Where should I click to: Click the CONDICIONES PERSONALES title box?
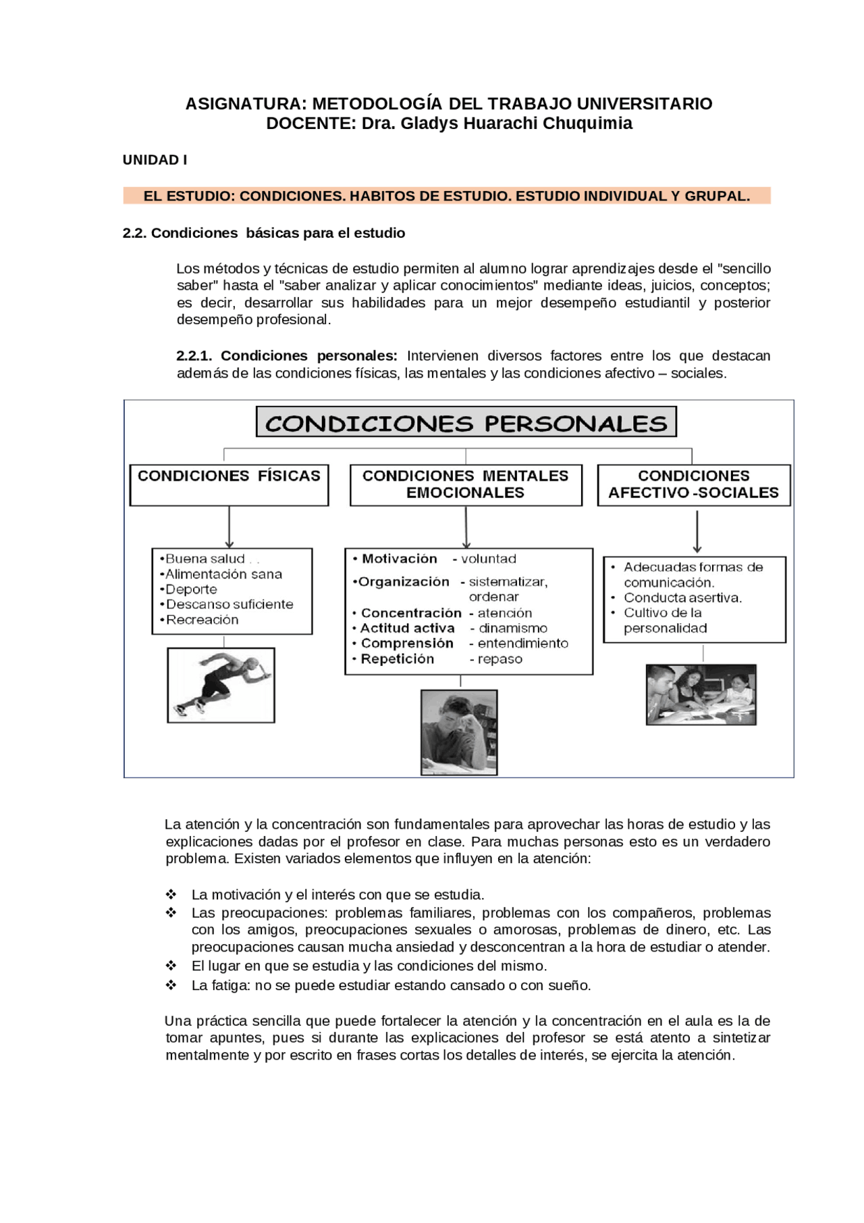[x=466, y=423]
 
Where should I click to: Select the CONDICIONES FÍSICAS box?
[x=229, y=484]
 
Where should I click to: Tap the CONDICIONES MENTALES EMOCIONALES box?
[x=465, y=484]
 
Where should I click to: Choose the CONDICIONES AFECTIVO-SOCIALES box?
[x=693, y=484]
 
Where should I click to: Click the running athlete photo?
[x=221, y=685]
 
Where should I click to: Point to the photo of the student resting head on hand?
[x=459, y=731]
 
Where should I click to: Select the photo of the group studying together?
[x=701, y=694]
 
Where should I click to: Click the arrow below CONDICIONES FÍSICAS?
[x=230, y=527]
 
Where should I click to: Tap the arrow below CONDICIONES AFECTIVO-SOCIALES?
[x=697, y=531]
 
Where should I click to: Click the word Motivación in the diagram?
[x=399, y=558]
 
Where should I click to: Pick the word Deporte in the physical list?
[x=191, y=589]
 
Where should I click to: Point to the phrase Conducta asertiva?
[x=682, y=598]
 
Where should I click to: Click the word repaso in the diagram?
[x=500, y=659]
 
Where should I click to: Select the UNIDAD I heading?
[x=155, y=160]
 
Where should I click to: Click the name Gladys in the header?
[x=430, y=124]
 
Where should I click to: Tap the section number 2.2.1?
[x=194, y=356]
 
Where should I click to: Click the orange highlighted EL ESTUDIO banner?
[x=446, y=196]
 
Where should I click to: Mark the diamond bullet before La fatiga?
[x=171, y=985]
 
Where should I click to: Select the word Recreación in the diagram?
[x=202, y=620]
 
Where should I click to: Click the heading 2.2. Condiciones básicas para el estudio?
[x=263, y=233]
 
